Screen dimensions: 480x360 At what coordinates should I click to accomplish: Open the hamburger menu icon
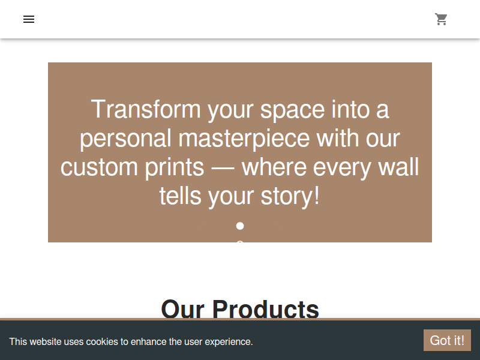pos(29,19)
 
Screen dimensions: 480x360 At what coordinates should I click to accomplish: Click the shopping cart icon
pos(441,19)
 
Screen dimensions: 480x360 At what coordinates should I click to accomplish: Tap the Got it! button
pos(447,340)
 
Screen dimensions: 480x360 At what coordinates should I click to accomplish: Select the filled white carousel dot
pos(240,226)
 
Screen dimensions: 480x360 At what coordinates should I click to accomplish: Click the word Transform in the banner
pos(146,109)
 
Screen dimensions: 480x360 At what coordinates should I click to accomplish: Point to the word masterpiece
pos(244,139)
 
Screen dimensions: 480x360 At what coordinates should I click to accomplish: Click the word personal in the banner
pos(125,139)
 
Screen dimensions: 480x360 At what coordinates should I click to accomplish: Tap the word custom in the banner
pos(99,167)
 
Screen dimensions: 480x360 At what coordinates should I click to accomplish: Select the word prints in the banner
pos(175,167)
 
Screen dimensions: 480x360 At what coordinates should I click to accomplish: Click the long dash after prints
pos(223,169)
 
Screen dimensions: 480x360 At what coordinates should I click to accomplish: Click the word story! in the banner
pos(290,196)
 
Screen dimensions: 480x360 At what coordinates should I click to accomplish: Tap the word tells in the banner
pos(181,196)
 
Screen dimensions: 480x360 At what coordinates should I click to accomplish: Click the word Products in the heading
pos(265,309)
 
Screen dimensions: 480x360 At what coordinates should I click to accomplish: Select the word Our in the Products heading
pos(183,309)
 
